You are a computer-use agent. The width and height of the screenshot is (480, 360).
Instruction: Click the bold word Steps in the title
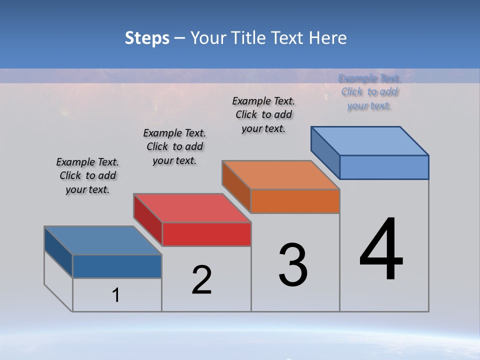click(147, 38)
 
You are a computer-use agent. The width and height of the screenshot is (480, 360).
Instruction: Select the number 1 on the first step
click(116, 295)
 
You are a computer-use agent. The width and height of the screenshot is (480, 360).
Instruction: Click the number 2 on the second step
click(201, 280)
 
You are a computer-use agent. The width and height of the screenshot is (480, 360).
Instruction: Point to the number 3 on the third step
click(293, 265)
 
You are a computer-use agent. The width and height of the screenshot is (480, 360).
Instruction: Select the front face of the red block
click(206, 234)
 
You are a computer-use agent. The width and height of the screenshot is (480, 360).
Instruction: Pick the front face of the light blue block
click(384, 167)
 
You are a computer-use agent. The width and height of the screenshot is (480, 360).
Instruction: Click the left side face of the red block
click(148, 219)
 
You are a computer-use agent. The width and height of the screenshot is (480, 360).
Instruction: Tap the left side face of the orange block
click(236, 186)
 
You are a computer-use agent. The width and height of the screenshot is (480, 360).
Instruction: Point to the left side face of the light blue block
click(325, 152)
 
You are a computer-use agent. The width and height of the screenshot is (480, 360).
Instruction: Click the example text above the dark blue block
click(87, 175)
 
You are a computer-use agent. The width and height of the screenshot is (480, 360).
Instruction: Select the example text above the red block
click(174, 146)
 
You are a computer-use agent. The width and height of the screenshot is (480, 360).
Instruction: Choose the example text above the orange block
click(263, 114)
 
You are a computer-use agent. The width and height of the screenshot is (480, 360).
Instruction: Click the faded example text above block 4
click(369, 91)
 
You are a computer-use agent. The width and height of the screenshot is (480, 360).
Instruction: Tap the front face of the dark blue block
click(117, 266)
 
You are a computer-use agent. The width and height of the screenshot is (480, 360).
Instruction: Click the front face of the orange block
click(295, 201)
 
